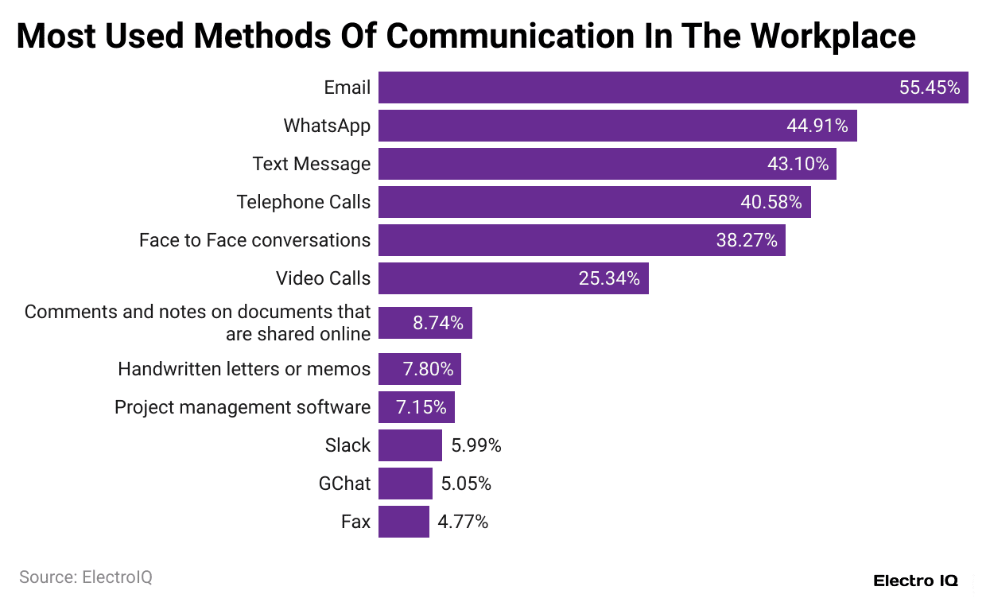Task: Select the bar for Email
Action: [636, 87]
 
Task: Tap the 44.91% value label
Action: [817, 126]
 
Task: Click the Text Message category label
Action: [311, 164]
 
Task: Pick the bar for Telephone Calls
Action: [557, 202]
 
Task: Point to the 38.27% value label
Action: [746, 240]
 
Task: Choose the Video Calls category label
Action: [323, 278]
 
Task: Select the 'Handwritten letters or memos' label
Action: [243, 369]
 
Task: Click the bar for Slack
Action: [410, 445]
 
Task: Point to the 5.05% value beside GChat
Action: [466, 484]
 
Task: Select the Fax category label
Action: [355, 522]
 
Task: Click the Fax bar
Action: [403, 522]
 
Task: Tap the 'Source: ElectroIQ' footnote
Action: [85, 577]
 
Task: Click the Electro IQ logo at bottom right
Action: [915, 581]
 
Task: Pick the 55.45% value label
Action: [930, 87]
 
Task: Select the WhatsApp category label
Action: [327, 126]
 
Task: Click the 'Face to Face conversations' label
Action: [254, 240]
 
